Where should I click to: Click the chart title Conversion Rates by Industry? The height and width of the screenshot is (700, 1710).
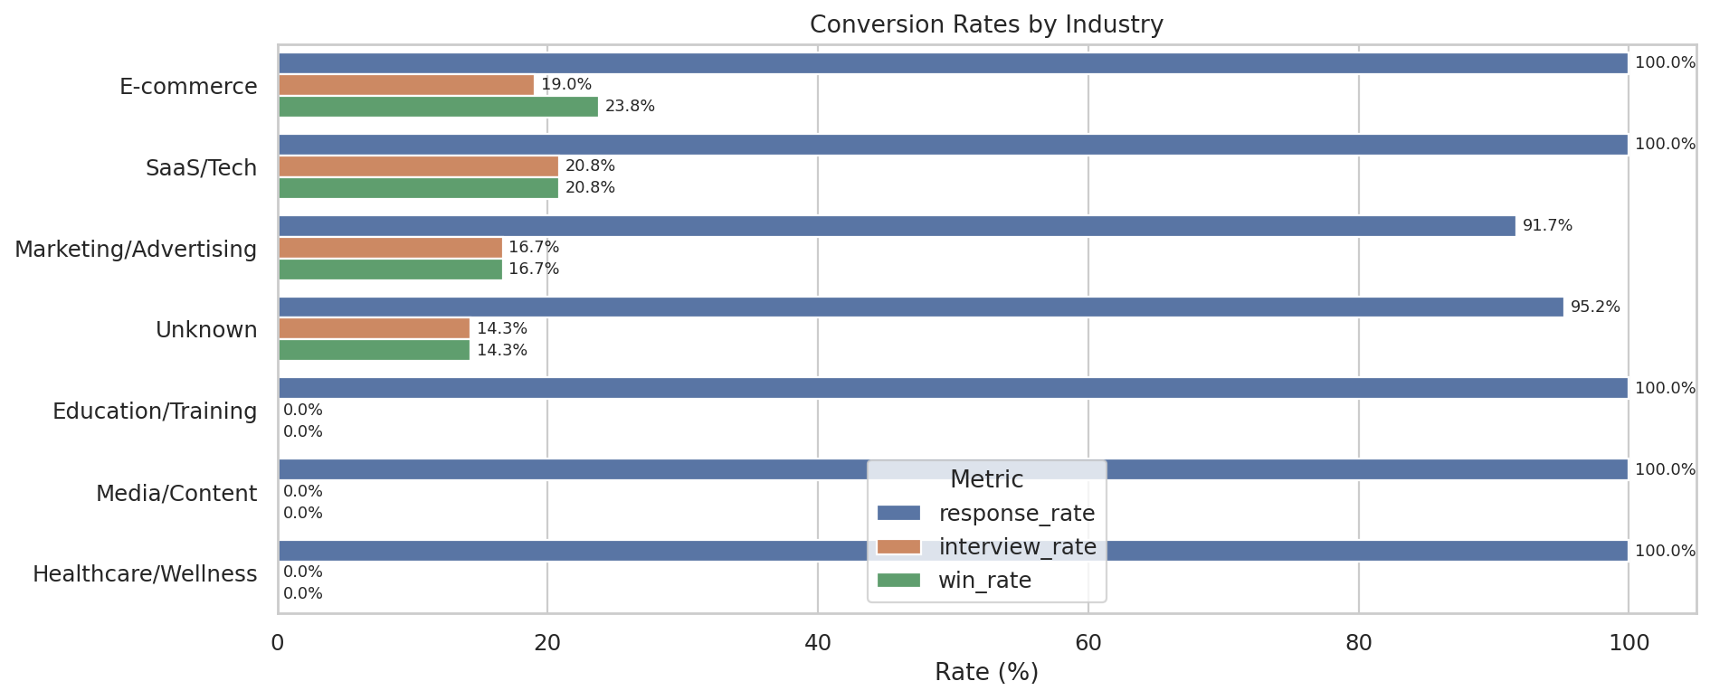tap(985, 24)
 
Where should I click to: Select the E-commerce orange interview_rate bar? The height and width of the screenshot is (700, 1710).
tap(405, 85)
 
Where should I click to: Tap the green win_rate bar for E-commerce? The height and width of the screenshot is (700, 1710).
tap(438, 107)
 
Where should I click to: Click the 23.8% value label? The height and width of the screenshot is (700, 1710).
tap(630, 107)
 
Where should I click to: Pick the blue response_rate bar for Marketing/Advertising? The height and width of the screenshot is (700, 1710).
tap(896, 226)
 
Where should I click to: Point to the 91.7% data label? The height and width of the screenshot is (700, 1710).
tap(1547, 226)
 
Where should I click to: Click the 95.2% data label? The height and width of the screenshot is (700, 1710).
tap(1594, 307)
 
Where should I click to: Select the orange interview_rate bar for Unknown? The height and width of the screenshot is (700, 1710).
tap(374, 328)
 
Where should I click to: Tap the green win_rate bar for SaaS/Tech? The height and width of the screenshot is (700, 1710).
tap(418, 188)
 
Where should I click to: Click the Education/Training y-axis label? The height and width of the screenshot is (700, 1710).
tap(155, 411)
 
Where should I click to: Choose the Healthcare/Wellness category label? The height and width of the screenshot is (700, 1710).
tap(145, 574)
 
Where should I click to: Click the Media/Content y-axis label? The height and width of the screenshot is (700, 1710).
tap(176, 494)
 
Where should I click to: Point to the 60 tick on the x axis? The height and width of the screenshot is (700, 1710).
tap(1088, 643)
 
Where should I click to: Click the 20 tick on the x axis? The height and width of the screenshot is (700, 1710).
tap(547, 643)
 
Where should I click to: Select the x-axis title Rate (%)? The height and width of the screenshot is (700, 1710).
tap(985, 673)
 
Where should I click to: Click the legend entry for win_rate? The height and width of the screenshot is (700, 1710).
tap(984, 581)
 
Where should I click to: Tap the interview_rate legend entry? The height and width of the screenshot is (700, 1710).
tap(1017, 547)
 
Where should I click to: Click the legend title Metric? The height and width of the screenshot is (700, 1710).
tap(986, 479)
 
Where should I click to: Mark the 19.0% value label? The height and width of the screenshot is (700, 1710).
tap(566, 85)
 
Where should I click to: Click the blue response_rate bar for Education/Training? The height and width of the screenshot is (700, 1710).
tap(953, 388)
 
